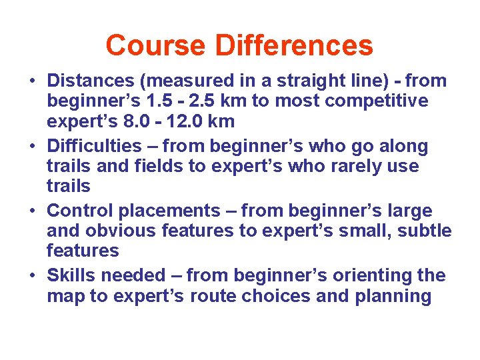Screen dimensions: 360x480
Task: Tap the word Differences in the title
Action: [x=294, y=45]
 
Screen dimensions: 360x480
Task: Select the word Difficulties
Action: [x=95, y=146]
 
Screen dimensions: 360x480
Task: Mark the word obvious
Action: [x=129, y=231]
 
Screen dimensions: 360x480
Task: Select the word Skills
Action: [x=72, y=275]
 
